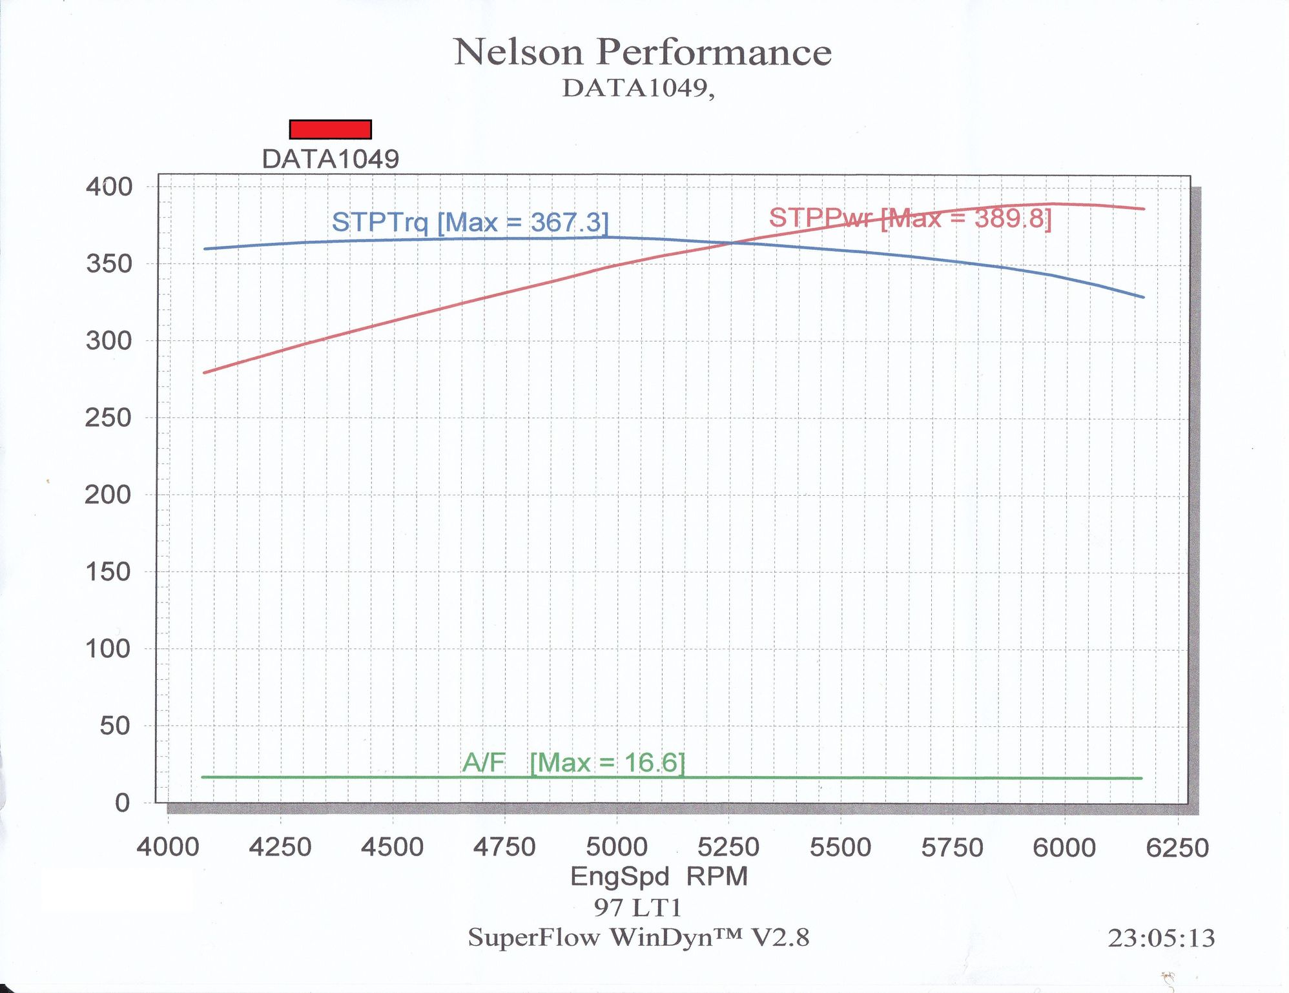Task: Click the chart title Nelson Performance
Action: click(643, 52)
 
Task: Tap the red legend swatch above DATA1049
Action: click(330, 129)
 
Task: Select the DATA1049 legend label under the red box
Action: click(330, 159)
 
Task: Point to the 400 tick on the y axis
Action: click(108, 187)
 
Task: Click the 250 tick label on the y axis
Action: click(108, 418)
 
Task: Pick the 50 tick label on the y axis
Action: click(114, 726)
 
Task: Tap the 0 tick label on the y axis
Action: click(122, 803)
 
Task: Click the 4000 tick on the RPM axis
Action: click(168, 847)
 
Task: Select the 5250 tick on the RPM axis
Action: click(728, 847)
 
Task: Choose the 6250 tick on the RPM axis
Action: click(1177, 847)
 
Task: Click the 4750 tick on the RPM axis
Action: click(504, 847)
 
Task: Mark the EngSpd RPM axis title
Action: click(659, 876)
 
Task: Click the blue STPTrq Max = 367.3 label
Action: click(470, 222)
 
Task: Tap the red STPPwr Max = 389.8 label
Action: click(910, 218)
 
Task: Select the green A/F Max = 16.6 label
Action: click(573, 763)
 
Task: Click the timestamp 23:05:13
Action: click(1161, 938)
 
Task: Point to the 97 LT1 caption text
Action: click(638, 908)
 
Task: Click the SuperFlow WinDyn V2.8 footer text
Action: click(638, 937)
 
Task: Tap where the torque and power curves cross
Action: click(732, 243)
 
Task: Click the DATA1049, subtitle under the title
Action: click(638, 88)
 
